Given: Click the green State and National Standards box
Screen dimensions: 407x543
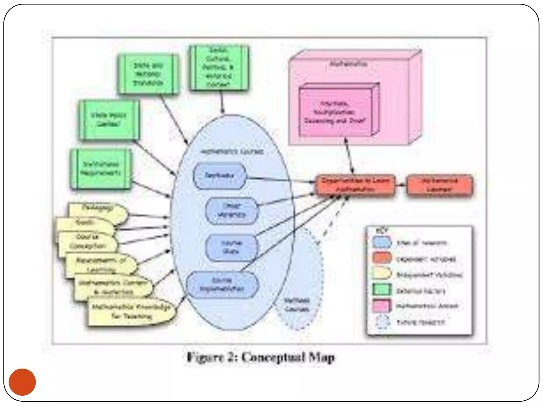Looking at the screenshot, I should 148,74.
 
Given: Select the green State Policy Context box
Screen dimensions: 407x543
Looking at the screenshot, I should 109,120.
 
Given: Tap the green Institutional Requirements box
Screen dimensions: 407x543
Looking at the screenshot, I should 101,169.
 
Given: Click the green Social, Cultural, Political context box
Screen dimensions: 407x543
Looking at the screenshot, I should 219,68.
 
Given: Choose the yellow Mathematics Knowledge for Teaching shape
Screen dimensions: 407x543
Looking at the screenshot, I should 132,312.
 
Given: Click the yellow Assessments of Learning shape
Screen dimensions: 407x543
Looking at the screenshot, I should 101,264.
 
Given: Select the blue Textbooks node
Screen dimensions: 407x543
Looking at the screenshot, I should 220,175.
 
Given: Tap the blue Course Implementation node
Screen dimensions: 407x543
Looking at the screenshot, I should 222,285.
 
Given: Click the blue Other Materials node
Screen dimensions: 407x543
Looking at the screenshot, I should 232,210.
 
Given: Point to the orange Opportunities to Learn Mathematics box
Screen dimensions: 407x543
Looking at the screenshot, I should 355,185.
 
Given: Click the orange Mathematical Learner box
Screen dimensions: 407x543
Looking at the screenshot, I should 440,185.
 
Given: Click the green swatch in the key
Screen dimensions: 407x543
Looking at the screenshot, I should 381,290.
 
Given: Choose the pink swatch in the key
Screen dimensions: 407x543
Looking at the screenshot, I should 381,306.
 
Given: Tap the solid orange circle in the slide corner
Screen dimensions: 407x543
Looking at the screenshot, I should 22,382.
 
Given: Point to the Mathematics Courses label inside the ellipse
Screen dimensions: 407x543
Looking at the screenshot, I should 232,152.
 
